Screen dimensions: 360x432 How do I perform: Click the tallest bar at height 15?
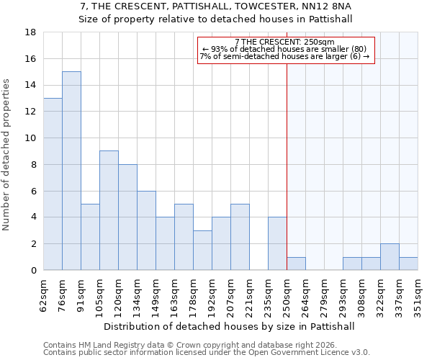pyautogui.click(x=71, y=171)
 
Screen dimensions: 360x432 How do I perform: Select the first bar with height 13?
pyautogui.click(x=53, y=184)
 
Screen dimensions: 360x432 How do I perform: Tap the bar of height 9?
pyautogui.click(x=109, y=210)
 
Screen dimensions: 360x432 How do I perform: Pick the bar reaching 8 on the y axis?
pyautogui.click(x=127, y=217)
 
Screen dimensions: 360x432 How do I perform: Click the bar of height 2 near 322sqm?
pyautogui.click(x=390, y=257)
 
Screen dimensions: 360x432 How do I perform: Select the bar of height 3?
pyautogui.click(x=202, y=250)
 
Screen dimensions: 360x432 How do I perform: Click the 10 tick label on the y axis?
pyautogui.click(x=31, y=138)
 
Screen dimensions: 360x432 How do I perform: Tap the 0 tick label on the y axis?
pyautogui.click(x=34, y=271)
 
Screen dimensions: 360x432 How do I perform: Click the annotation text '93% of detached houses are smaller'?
pyautogui.click(x=284, y=49)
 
